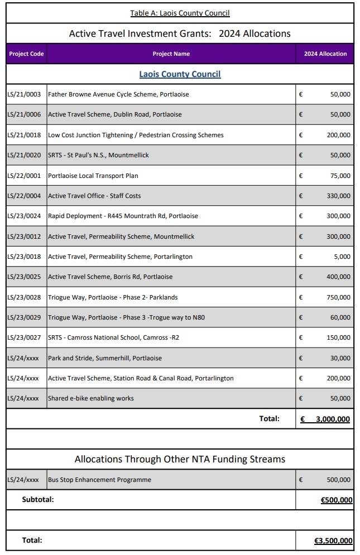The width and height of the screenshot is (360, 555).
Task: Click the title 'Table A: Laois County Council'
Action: pos(180,13)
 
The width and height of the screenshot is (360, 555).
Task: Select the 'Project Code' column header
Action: pos(26,54)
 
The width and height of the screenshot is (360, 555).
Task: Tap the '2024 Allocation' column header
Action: pos(325,54)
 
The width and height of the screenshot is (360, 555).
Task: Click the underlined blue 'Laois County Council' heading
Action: pos(180,74)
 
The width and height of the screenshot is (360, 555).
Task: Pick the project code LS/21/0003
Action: pos(24,94)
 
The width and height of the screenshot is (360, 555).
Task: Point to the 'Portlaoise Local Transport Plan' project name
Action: pos(93,176)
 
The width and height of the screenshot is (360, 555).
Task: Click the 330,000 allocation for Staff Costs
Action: pos(338,196)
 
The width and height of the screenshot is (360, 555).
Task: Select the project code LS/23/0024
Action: pos(24,216)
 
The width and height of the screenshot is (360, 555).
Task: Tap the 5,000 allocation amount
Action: pos(342,257)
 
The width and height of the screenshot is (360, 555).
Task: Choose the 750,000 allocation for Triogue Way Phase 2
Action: pos(338,297)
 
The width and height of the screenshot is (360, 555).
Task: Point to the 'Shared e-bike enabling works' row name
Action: pos(91,398)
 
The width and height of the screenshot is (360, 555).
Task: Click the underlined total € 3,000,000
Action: pos(325,419)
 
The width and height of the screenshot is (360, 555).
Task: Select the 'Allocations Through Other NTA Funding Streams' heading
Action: pos(180,460)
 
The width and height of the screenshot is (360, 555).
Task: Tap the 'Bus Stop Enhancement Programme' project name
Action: pos(99,480)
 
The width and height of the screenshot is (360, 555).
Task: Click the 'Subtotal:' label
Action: pos(38,500)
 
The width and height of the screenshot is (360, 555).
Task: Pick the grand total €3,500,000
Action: pos(333,540)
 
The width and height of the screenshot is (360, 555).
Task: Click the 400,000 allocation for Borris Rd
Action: pos(338,277)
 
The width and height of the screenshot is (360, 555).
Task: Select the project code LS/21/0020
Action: pos(24,155)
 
